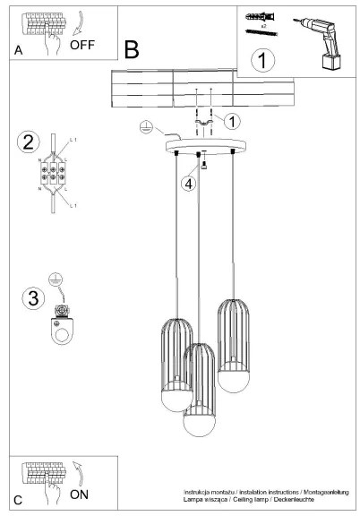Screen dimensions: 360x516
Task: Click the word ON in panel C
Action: pyautogui.click(x=81, y=494)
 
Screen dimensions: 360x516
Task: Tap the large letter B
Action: pyautogui.click(x=133, y=50)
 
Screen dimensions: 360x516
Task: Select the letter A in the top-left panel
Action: pyautogui.click(x=18, y=52)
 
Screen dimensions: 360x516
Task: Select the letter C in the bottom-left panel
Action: pyautogui.click(x=18, y=498)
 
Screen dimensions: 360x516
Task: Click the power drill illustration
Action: pyautogui.click(x=324, y=44)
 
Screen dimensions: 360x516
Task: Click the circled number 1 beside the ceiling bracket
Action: pyautogui.click(x=232, y=121)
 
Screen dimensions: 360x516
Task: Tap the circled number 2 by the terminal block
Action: pyautogui.click(x=29, y=142)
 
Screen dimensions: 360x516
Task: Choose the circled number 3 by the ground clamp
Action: pyautogui.click(x=33, y=297)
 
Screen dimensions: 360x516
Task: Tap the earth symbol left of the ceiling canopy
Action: pyautogui.click(x=147, y=128)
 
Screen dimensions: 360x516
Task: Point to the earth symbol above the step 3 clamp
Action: pyautogui.click(x=54, y=281)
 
